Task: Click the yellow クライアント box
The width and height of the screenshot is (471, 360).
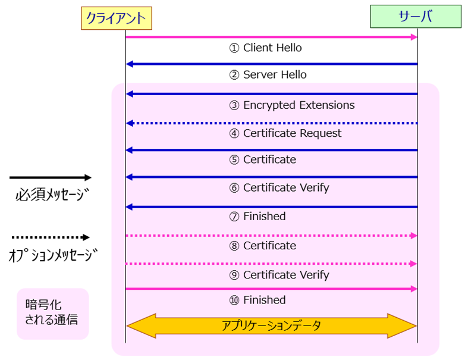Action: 117,18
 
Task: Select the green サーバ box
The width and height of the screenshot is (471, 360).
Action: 415,16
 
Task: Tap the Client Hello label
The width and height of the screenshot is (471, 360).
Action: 266,48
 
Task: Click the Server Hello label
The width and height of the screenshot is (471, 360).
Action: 268,75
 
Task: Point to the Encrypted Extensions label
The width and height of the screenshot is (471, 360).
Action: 292,105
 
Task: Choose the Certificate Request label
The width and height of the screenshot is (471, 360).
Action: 285,133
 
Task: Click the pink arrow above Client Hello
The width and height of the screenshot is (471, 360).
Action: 272,37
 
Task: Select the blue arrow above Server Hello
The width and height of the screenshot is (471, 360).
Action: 272,64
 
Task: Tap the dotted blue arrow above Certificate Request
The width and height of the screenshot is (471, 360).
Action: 272,123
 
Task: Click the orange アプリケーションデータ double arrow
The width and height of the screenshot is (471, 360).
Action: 271,325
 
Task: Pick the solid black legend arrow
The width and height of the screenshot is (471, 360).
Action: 51,177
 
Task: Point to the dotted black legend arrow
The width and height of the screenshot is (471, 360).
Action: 51,237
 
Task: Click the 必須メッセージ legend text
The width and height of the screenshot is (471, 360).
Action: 51,196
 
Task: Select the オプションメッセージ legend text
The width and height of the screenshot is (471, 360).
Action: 53,256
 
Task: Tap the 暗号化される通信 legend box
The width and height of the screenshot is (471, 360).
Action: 52,313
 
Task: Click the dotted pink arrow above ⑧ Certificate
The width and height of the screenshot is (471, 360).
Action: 272,236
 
